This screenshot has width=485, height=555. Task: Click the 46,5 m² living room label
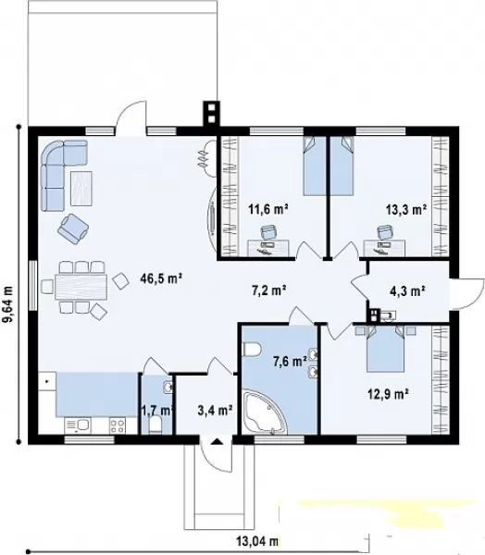(161, 278)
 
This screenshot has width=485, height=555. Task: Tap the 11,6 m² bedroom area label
(267, 209)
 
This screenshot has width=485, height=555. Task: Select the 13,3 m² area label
(405, 210)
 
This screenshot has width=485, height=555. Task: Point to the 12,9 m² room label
(389, 394)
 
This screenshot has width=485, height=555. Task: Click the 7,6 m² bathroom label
(290, 362)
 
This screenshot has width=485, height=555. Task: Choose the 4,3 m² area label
(407, 291)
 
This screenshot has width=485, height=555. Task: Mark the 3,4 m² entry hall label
(215, 411)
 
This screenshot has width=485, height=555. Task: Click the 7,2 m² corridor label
(269, 290)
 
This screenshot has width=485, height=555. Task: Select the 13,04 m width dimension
(257, 541)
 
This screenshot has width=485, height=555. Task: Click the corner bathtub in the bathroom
(265, 413)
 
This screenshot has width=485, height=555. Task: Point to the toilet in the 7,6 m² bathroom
(252, 350)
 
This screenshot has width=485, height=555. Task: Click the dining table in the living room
(81, 287)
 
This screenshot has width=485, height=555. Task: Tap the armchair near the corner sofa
(73, 228)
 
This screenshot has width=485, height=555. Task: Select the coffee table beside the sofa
(81, 189)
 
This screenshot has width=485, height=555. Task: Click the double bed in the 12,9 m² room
(385, 349)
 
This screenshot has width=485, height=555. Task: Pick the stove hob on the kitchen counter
(118, 425)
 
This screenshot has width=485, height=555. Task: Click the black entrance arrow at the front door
(216, 441)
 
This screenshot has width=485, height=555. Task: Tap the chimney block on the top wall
(211, 114)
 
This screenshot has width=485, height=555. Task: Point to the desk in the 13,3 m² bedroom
(384, 248)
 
